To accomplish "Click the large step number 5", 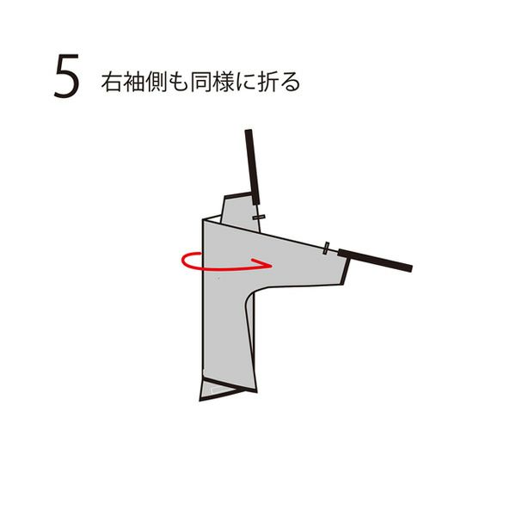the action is click(x=67, y=76).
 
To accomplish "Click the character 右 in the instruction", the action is click(x=112, y=82).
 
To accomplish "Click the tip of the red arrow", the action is click(x=271, y=265).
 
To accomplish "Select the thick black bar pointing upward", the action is click(x=252, y=167).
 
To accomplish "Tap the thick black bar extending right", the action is click(x=375, y=261).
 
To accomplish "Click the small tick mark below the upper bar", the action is click(x=259, y=218).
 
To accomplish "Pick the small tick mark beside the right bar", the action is click(x=326, y=249).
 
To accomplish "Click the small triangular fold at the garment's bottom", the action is click(x=218, y=390).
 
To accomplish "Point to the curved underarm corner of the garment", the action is click(x=251, y=294).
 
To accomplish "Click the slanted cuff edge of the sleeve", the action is click(x=346, y=271).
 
